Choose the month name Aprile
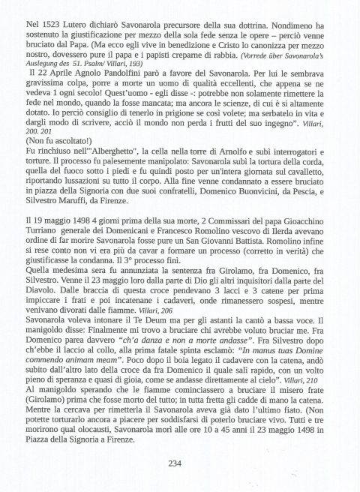[63, 76]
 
